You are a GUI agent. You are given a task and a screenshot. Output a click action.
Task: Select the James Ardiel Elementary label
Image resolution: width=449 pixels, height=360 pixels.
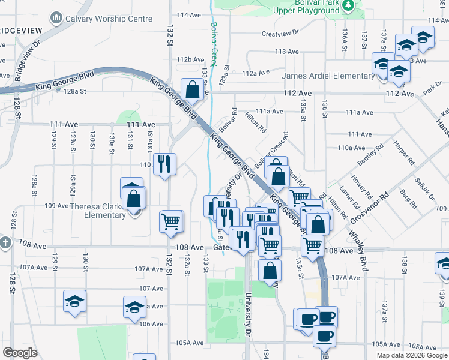[328, 76]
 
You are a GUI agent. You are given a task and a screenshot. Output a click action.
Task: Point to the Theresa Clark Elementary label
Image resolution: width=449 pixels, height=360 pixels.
[97, 211]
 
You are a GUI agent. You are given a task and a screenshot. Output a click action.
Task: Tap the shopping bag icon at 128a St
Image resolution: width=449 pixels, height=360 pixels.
[193, 90]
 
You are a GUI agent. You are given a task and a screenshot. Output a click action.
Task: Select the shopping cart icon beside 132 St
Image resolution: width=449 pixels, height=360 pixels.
[171, 221]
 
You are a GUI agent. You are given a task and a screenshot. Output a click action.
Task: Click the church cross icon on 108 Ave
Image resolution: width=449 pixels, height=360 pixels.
[5, 243]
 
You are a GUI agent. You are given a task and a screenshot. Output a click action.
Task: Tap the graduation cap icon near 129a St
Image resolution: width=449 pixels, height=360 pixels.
[74, 302]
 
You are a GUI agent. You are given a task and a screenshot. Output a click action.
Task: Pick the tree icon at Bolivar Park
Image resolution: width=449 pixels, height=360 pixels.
[348, 5]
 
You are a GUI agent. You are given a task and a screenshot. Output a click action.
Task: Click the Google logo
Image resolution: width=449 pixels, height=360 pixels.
[20, 353]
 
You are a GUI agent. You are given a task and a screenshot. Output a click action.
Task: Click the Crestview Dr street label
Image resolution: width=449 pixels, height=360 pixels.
[280, 34]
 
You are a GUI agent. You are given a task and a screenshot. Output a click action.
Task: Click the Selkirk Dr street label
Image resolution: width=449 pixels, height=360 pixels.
[426, 189]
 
